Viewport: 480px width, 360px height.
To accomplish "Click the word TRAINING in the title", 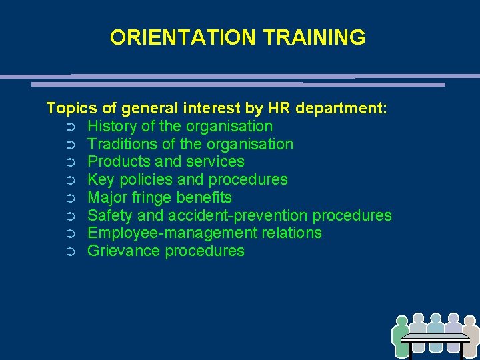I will (314, 37).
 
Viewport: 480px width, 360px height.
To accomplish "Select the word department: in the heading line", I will (344, 109).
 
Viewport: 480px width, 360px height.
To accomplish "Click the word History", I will (112, 126).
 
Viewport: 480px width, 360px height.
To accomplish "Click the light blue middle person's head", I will (436, 319).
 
